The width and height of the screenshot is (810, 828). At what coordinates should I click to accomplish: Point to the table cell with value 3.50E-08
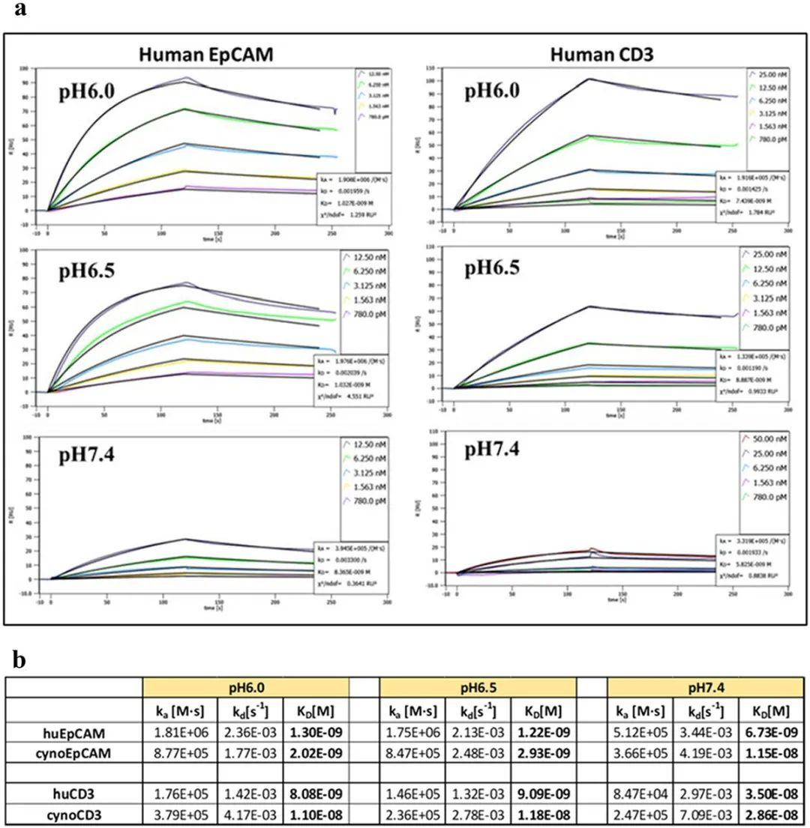coord(770,792)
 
